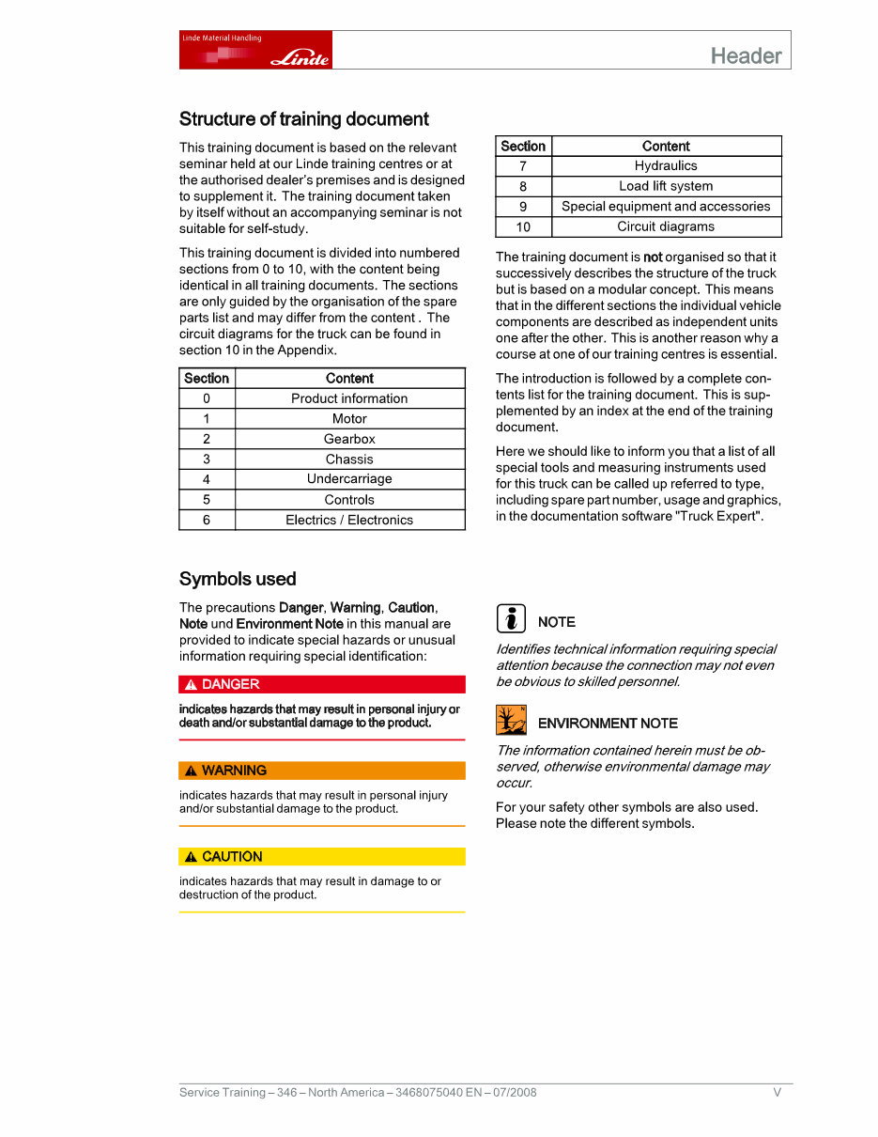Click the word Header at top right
(746, 55)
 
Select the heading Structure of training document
(303, 119)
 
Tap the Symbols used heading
(238, 579)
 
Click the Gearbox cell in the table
(349, 439)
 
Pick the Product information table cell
(349, 398)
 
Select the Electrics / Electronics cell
(349, 520)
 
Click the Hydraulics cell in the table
(666, 165)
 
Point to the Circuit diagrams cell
(666, 226)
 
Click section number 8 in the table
(523, 186)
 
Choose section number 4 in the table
(207, 479)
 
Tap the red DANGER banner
(322, 684)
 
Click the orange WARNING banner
(322, 771)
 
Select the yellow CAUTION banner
(322, 857)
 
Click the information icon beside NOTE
(511, 619)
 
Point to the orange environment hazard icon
(511, 720)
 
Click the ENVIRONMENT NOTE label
(608, 724)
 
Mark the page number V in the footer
(777, 1092)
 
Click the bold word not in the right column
(653, 257)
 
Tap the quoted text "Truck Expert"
(718, 516)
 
